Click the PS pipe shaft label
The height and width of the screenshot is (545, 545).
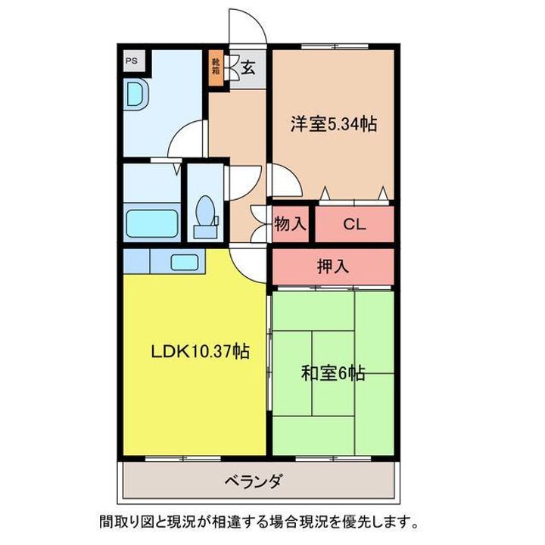tap(132, 61)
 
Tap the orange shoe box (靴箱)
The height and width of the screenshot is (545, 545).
tap(216, 68)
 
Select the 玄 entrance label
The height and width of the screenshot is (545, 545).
tap(248, 68)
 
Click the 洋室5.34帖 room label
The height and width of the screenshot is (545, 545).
tap(333, 123)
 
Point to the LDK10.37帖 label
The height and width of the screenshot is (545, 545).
tap(200, 351)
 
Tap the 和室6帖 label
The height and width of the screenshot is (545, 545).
tap(333, 374)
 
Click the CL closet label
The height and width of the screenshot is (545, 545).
tap(354, 224)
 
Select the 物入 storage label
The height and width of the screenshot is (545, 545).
tap(290, 224)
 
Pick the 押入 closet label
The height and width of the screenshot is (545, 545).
tap(333, 266)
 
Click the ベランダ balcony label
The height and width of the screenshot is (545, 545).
tap(253, 481)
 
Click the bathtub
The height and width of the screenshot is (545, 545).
tap(151, 223)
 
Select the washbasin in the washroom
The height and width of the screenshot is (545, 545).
tap(136, 94)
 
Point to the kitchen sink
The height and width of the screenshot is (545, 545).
tap(185, 262)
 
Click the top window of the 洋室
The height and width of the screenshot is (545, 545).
tap(335, 46)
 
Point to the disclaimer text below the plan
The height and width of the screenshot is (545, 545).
tap(259, 522)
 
